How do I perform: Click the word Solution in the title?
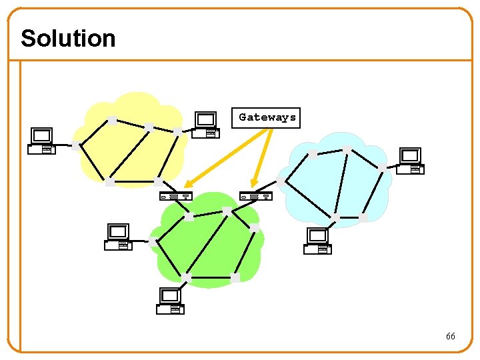pyautogui.click(x=68, y=38)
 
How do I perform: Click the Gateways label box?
pyautogui.click(x=267, y=117)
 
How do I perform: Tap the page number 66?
pyautogui.click(x=451, y=337)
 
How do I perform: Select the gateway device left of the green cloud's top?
pyautogui.click(x=176, y=196)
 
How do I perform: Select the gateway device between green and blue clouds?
pyautogui.click(x=256, y=196)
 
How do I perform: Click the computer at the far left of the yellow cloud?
pyautogui.click(x=42, y=141)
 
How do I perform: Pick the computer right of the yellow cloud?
pyautogui.click(x=206, y=125)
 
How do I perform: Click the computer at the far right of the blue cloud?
pyautogui.click(x=410, y=161)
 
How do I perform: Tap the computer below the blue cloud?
pyautogui.click(x=317, y=241)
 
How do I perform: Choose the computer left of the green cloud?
pyautogui.click(x=119, y=237)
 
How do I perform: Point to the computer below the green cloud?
pyautogui.click(x=170, y=301)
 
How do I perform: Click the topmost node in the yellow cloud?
pyautogui.click(x=113, y=121)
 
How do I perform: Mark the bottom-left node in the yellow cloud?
pyautogui.click(x=109, y=182)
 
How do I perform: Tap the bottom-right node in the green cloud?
pyautogui.click(x=235, y=277)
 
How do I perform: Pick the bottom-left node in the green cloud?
pyautogui.click(x=186, y=277)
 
